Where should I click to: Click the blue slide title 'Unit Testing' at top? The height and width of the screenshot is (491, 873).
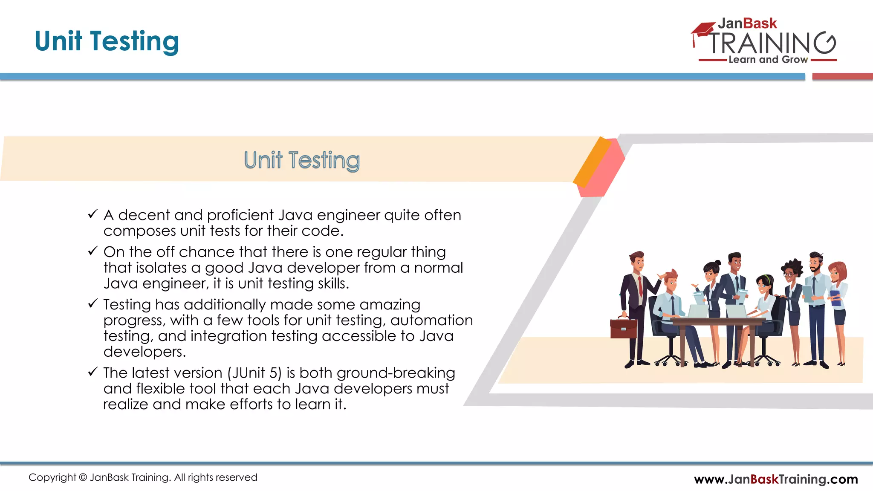point(107,41)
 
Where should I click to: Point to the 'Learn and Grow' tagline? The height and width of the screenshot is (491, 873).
point(768,60)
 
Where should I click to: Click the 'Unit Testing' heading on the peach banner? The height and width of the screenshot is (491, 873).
point(302,161)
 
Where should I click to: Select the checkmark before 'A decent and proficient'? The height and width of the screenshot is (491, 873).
point(93,214)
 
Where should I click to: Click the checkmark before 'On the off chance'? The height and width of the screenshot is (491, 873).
point(93,251)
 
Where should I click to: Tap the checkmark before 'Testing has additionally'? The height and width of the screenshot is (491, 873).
point(93,303)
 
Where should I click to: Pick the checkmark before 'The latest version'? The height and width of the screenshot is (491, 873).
point(93,372)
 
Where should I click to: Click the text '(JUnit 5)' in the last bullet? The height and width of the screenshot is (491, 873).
point(254,373)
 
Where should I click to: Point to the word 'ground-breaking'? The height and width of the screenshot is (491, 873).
point(396,373)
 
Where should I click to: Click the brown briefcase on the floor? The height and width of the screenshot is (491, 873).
point(623,328)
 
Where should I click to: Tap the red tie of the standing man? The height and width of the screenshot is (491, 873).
point(640,287)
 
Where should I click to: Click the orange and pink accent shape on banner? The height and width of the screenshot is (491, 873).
point(599,167)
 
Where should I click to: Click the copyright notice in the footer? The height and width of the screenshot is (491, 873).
point(143,477)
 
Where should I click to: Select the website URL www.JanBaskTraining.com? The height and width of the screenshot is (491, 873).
point(775,479)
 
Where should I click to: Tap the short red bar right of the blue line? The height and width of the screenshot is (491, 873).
point(842,77)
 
